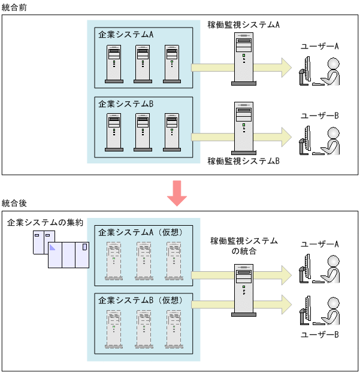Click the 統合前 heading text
pyautogui.click(x=14, y=6)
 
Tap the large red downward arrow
pyautogui.click(x=178, y=192)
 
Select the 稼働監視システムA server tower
pyautogui.click(x=244, y=59)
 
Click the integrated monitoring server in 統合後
pyautogui.click(x=243, y=291)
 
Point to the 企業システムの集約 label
pyautogui.click(x=40, y=223)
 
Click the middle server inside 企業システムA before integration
pyautogui.click(x=143, y=63)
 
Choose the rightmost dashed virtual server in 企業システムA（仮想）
pyautogui.click(x=174, y=261)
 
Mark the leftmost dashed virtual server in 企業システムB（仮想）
pyautogui.click(x=113, y=328)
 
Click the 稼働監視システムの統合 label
pyautogui.click(x=244, y=246)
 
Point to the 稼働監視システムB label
pyautogui.click(x=244, y=161)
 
